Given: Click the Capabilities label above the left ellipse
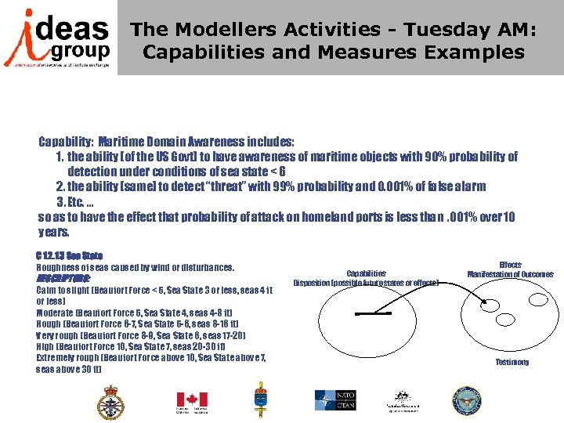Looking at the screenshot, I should pos(366,273).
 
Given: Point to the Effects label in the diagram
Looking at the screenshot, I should pos(509,265).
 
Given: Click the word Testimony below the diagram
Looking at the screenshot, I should pos(512,362).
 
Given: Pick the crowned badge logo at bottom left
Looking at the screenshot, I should pos(112,402).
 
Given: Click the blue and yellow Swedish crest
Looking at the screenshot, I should pos(260,400).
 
